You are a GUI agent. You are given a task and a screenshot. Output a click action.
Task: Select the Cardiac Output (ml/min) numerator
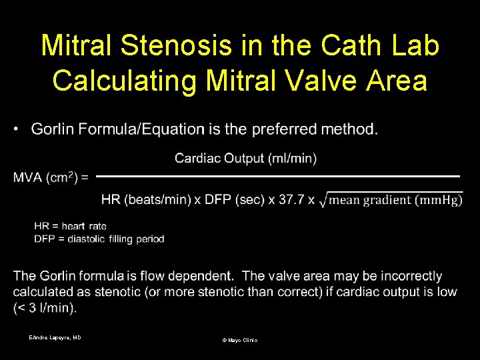tap(245, 158)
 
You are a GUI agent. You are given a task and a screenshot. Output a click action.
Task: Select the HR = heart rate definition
tap(70, 227)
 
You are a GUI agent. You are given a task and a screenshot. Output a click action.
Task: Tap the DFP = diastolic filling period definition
tap(99, 238)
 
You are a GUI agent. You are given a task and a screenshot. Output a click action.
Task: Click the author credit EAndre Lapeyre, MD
tap(55, 338)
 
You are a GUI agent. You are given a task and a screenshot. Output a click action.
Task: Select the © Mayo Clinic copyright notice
tap(239, 340)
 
